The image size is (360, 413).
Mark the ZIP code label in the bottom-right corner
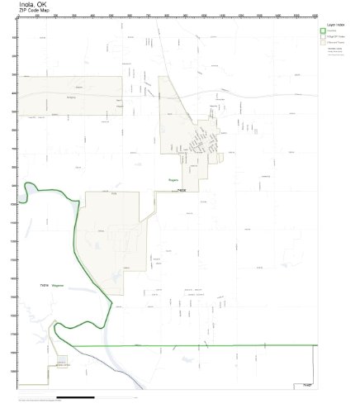click(x=306, y=384)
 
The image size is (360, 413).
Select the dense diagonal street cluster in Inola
click(x=201, y=145)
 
